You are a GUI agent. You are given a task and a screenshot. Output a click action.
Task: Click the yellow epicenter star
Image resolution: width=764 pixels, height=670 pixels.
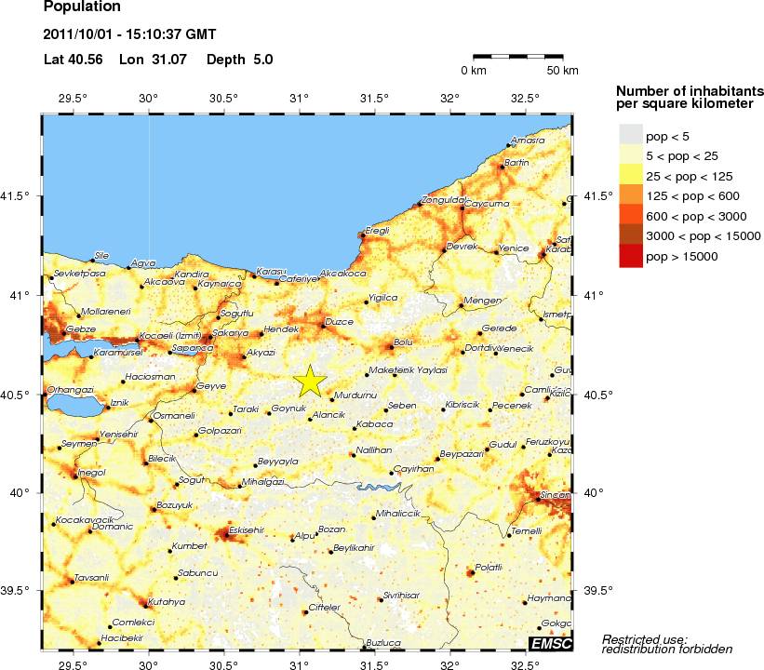(310, 381)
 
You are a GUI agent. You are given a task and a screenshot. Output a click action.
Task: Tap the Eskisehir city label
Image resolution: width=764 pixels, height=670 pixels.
(247, 529)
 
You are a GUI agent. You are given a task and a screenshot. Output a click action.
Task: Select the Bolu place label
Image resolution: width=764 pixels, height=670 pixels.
(403, 342)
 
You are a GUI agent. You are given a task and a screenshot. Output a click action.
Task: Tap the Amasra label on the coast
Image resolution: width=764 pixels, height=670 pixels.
(528, 141)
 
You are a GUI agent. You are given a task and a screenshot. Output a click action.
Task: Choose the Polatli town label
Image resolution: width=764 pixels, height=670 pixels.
(489, 567)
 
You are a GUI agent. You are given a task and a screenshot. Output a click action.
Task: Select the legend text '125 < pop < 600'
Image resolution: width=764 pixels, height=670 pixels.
(693, 196)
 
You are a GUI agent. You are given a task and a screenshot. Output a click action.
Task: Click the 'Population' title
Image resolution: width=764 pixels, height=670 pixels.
(82, 7)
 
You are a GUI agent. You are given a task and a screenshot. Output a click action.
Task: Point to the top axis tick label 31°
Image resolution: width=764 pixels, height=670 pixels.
(299, 99)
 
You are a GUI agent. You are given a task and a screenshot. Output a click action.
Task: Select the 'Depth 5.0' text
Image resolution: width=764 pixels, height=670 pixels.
(239, 60)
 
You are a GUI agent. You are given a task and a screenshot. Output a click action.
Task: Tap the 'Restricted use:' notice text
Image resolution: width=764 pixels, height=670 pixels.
(644, 639)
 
